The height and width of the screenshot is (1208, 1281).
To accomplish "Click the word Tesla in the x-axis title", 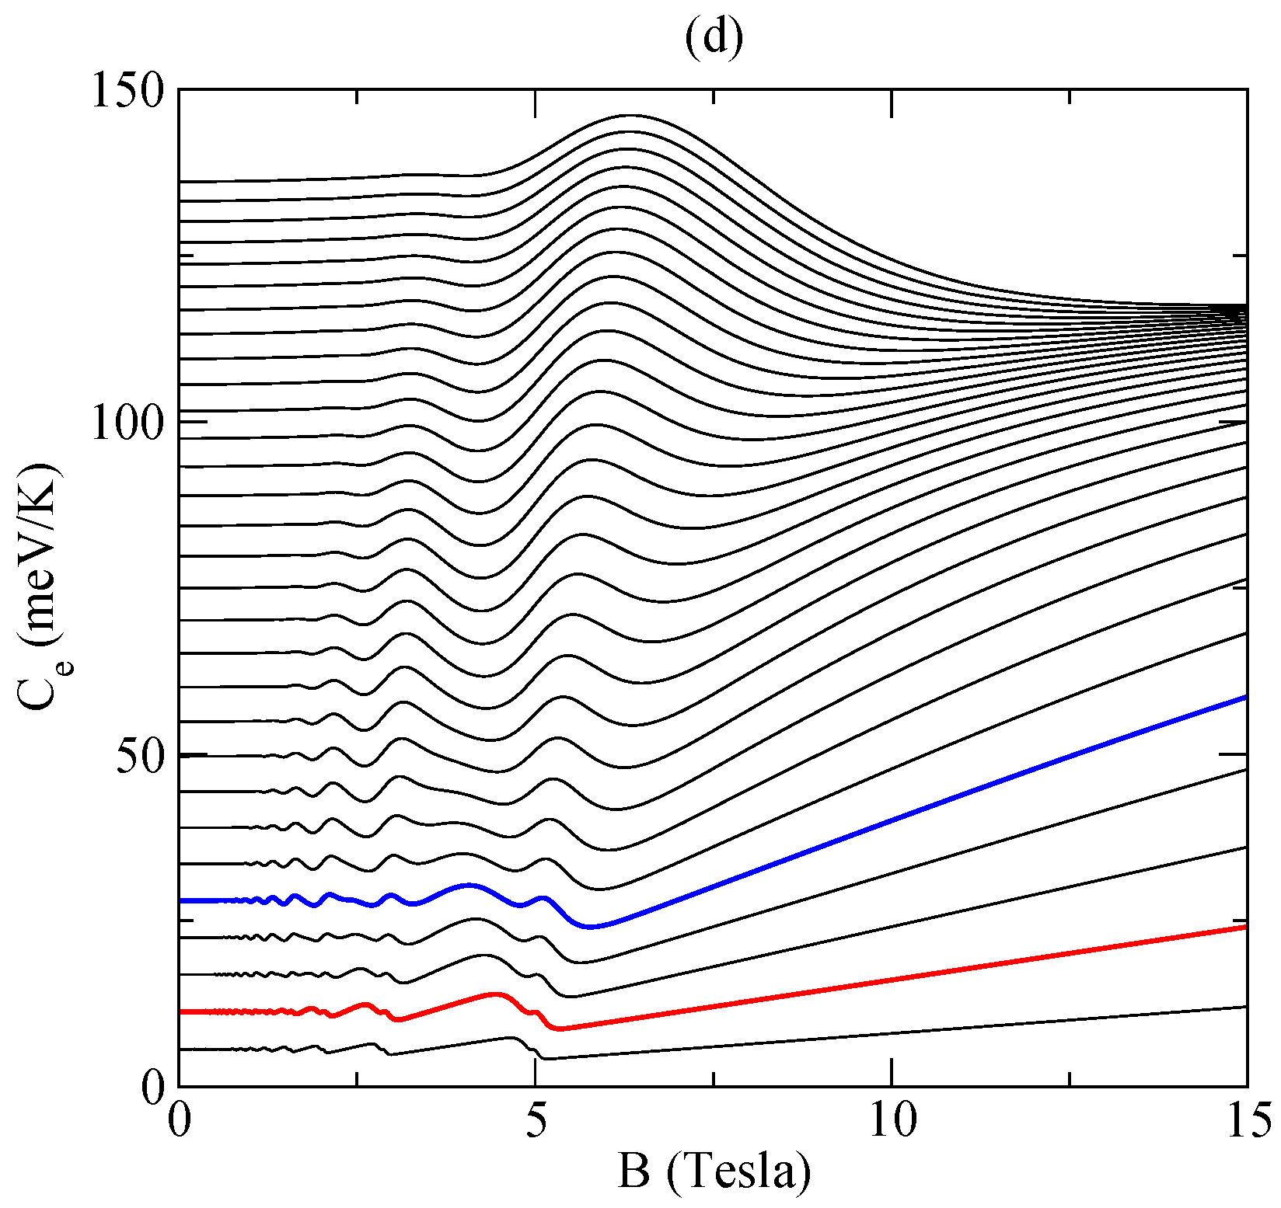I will [x=738, y=1172].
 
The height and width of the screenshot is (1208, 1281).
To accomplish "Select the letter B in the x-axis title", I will [x=634, y=1172].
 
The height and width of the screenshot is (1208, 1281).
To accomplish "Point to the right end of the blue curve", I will [x=1244, y=698].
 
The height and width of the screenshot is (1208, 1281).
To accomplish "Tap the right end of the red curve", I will [x=1244, y=927].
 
